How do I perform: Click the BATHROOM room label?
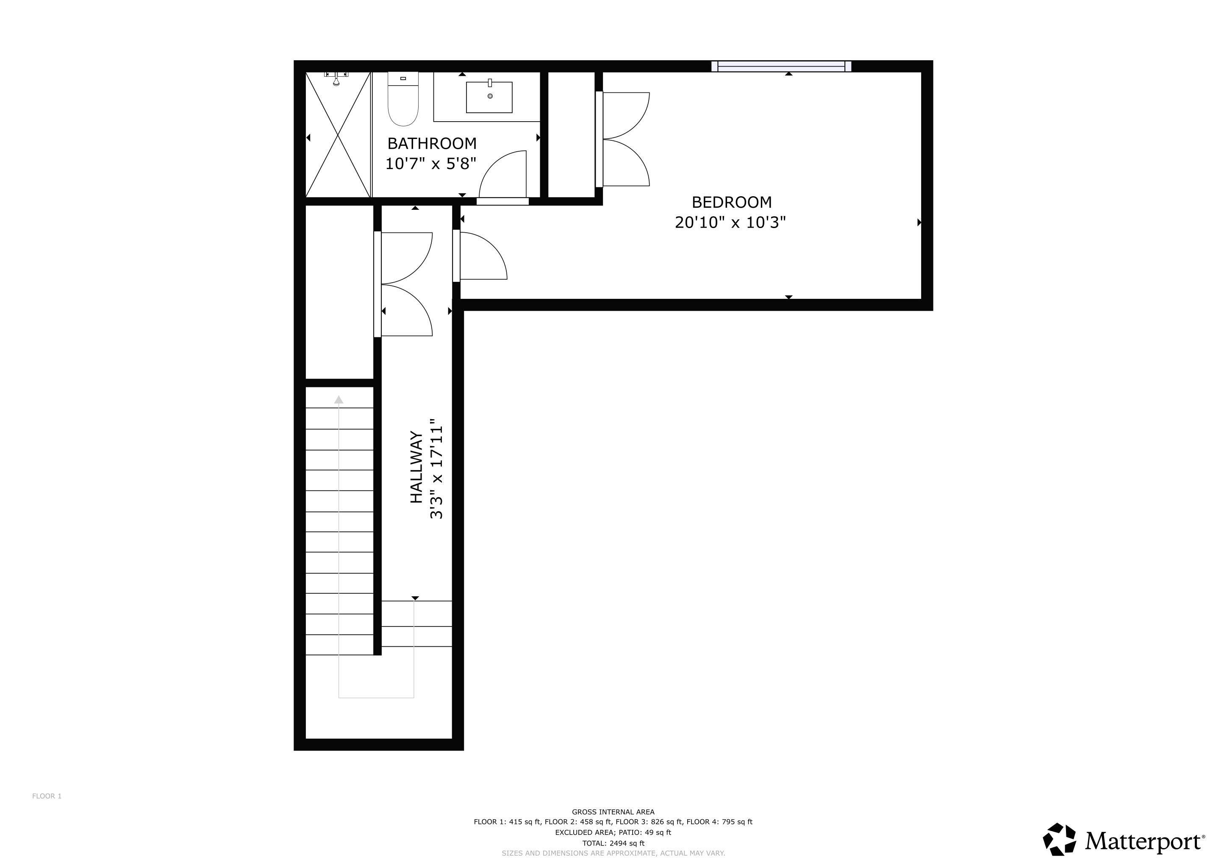432,143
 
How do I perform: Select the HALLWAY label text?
416,467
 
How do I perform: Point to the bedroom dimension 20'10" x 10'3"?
730,223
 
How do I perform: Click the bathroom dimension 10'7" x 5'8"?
431,164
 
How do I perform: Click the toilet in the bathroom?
403,99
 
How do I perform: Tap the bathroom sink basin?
489,97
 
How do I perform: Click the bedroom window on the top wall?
781,66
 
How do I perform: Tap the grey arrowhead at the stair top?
339,399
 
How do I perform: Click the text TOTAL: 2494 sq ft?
613,843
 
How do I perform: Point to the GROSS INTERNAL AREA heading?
613,812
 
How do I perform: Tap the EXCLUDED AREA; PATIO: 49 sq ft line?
613,832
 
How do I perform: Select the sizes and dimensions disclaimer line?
613,854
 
